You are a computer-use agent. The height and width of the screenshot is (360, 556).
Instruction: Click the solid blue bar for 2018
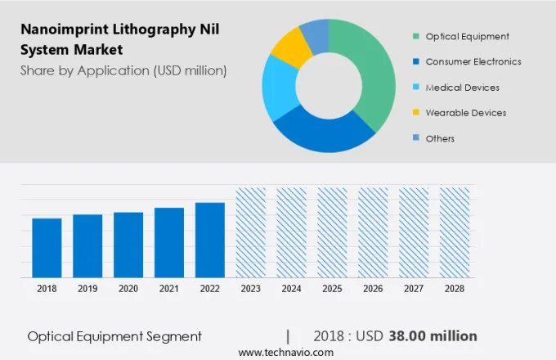click(x=47, y=247)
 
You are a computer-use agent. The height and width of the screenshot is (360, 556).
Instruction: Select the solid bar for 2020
click(x=128, y=244)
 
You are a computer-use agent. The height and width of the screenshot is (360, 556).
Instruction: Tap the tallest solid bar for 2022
click(x=209, y=239)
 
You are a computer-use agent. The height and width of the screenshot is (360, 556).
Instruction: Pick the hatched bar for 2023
click(x=250, y=232)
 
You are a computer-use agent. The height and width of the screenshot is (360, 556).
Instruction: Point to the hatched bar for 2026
click(x=373, y=232)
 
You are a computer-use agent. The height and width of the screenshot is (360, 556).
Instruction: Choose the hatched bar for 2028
click(x=455, y=232)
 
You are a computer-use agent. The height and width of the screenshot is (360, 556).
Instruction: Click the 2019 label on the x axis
click(x=87, y=289)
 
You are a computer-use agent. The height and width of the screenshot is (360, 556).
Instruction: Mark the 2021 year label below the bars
click(x=168, y=289)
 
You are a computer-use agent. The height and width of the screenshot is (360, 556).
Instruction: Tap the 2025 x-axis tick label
click(x=332, y=289)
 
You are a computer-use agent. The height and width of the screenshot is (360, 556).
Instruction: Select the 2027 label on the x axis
click(x=414, y=289)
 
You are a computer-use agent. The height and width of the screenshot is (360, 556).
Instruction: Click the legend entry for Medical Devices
click(x=462, y=88)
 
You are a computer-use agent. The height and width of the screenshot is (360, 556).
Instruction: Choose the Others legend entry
click(x=440, y=138)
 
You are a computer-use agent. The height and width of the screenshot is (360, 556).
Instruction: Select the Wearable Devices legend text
click(x=465, y=113)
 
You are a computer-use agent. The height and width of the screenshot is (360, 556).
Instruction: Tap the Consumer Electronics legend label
click(x=473, y=61)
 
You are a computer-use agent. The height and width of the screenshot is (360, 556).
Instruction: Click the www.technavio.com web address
click(x=285, y=352)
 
